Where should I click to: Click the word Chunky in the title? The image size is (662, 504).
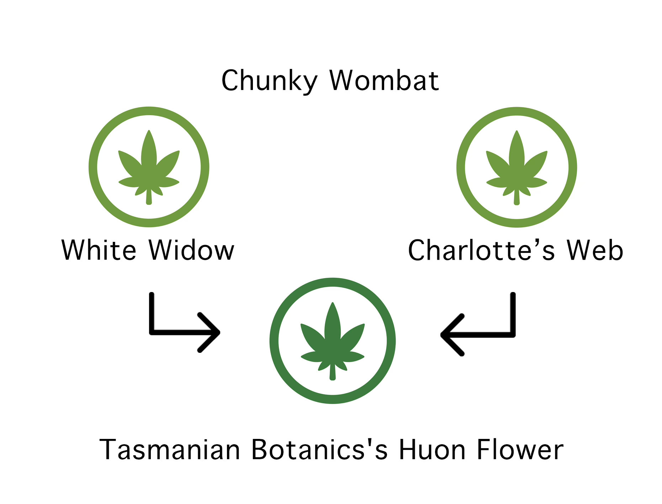[x=269, y=81]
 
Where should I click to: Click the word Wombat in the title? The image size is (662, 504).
[x=384, y=81]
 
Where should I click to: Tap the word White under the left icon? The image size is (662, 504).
[x=99, y=250]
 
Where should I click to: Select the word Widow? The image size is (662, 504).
[x=191, y=250]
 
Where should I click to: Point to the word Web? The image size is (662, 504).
[x=595, y=250]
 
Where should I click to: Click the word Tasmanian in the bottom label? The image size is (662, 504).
[x=170, y=450]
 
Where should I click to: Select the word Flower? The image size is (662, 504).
[x=520, y=450]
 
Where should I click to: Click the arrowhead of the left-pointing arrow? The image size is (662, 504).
[x=447, y=335]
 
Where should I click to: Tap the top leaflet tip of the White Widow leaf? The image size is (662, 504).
[x=149, y=133]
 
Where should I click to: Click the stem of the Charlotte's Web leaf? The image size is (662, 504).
[x=517, y=198]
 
